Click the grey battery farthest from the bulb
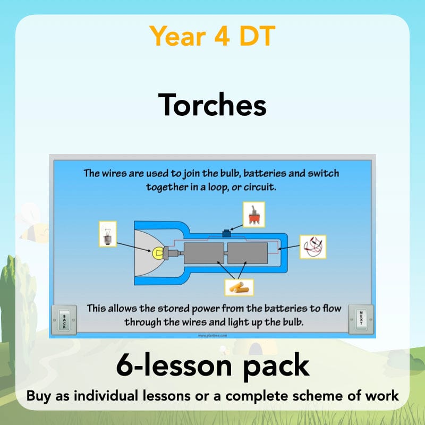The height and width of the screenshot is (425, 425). click(248, 251)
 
